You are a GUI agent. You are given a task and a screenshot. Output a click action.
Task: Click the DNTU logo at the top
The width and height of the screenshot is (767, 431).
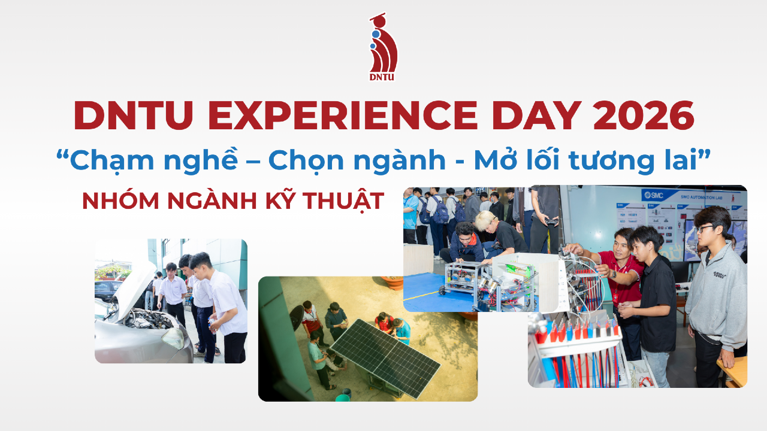(x=383, y=47)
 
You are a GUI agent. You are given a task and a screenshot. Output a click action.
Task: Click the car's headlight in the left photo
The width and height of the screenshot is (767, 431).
(x=173, y=339)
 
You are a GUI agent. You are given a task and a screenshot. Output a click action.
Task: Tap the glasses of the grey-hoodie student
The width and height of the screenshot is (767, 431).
(x=705, y=229)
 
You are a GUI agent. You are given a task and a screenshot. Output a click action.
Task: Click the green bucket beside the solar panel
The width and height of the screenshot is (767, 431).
(x=343, y=396)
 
